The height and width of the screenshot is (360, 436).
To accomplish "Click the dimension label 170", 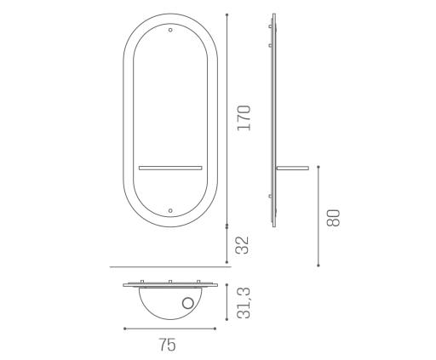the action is tap(244, 118).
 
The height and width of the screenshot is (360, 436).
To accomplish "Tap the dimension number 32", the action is tap(243, 245).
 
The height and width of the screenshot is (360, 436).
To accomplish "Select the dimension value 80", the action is tap(333, 218).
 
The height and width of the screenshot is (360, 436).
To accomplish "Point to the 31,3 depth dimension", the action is tap(244, 303).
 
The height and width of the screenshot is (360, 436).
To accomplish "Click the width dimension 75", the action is tap(167, 345).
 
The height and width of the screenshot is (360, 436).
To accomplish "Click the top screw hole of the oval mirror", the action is tap(170, 30).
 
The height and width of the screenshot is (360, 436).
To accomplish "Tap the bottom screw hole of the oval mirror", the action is tap(170, 210).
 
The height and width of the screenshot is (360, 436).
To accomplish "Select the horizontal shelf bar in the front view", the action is tap(170, 168).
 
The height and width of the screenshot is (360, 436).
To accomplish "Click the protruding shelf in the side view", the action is tap(293, 169).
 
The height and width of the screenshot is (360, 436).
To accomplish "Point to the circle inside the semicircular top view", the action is tap(187, 303).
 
